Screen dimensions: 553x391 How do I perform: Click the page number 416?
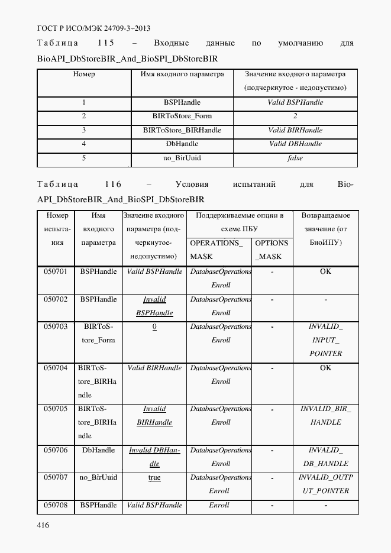pos(43,525)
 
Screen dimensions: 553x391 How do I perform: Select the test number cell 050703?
pos(56,326)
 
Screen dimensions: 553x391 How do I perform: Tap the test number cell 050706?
pos(56,450)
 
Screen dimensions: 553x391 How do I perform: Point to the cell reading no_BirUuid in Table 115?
pos(182,158)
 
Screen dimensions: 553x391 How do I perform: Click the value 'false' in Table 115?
pos(295,158)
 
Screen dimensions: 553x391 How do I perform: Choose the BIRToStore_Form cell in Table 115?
pos(182,116)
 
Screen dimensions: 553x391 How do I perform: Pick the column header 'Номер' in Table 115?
pos(84,75)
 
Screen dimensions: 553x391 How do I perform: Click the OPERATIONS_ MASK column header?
pos(216,250)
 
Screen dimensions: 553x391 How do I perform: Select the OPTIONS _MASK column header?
pos(271,250)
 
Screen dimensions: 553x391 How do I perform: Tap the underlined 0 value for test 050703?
pos(154,327)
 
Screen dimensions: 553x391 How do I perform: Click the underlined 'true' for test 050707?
pos(154,478)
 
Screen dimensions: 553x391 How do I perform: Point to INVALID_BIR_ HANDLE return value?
pos(325,416)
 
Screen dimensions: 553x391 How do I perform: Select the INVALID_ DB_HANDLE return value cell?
pos(325,457)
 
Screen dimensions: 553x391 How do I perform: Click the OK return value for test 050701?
pos(325,271)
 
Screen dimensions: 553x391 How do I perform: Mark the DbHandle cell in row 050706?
pos(99,450)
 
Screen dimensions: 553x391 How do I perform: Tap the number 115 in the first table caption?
pos(106,43)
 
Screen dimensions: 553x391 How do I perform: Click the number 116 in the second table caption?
pos(112,185)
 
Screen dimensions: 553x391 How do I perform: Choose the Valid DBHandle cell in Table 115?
pos(295,144)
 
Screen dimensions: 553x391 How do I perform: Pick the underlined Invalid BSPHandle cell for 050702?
pos(154,306)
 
